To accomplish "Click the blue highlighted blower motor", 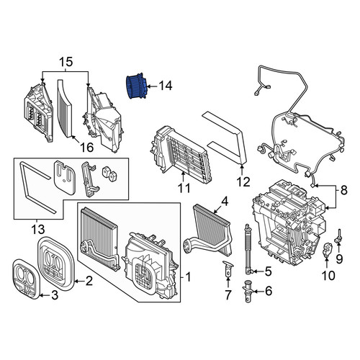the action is click(136, 86).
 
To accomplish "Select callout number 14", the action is click(166, 86).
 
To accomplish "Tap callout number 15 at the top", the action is click(66, 62).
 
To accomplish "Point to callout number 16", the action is click(86, 147).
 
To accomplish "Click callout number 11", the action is click(184, 188).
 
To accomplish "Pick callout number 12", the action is click(243, 181).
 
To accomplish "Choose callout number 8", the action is click(343, 190).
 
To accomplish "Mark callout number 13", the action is click(38, 229).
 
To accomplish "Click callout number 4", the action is click(225, 202).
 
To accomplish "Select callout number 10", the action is click(328, 275).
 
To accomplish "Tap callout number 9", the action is click(339, 258).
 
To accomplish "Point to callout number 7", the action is click(228, 294).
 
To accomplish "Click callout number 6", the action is click(269, 291).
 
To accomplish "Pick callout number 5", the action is click(268, 271).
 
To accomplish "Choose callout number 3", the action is click(55, 295).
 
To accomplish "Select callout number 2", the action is click(89, 281).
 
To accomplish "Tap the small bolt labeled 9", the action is click(338, 236).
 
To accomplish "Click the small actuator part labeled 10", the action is click(327, 250).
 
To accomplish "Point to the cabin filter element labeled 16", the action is click(65, 109).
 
